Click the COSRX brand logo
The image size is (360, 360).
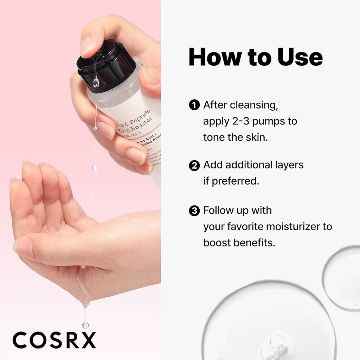point(54,340)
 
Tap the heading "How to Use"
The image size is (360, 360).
point(256,57)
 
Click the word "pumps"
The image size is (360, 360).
point(270,121)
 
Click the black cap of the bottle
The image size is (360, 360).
point(105,65)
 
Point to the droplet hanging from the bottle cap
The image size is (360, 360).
point(95,83)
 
